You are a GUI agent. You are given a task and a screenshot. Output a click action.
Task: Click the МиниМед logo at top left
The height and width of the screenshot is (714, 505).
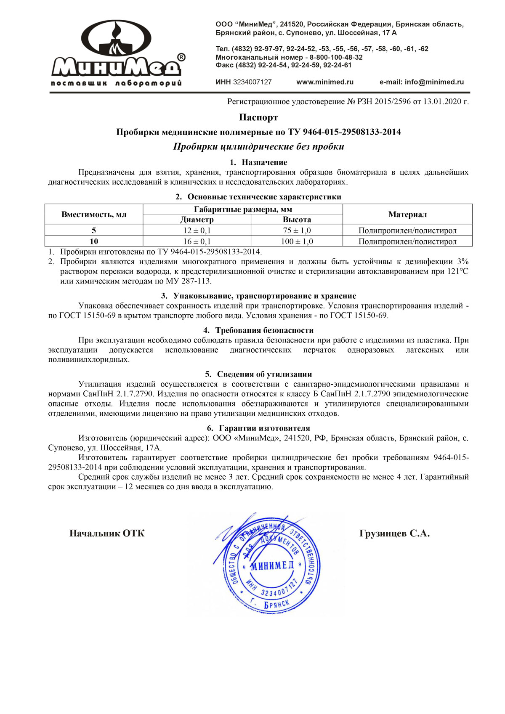pyautogui.click(x=117, y=53)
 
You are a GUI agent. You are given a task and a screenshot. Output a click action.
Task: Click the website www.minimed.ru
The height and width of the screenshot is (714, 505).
pyautogui.click(x=325, y=82)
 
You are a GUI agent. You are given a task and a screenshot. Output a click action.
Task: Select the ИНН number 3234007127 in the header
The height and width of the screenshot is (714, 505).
pyautogui.click(x=252, y=82)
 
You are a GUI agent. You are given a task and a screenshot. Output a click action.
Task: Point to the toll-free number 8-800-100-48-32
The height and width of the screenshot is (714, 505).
pyautogui.click(x=336, y=57)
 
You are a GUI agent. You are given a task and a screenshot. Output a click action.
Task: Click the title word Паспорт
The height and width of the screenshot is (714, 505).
pyautogui.click(x=258, y=117)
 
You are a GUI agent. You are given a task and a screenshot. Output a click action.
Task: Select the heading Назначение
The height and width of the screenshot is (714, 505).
pyautogui.click(x=264, y=162)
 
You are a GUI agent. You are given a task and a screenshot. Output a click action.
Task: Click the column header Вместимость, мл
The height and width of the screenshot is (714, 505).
pyautogui.click(x=94, y=214)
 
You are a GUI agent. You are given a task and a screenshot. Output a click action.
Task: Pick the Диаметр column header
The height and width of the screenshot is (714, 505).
pyautogui.click(x=197, y=220)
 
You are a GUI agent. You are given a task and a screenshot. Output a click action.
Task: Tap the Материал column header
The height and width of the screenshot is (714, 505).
pyautogui.click(x=407, y=214)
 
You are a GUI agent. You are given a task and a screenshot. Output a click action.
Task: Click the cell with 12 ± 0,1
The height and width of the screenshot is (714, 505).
pyautogui.click(x=197, y=231)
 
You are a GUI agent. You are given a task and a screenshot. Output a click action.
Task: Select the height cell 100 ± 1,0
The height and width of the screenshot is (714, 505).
pyautogui.click(x=297, y=242)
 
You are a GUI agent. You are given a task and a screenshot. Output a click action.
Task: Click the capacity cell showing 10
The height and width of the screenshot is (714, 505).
pyautogui.click(x=94, y=242)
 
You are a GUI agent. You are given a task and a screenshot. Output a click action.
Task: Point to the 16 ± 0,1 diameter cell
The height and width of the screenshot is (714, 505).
pyautogui.click(x=197, y=242)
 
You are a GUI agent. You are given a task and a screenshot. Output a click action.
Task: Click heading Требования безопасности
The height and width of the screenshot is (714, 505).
pyautogui.click(x=264, y=331)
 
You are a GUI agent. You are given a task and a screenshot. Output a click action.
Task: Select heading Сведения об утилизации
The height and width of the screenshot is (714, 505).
pyautogui.click(x=264, y=374)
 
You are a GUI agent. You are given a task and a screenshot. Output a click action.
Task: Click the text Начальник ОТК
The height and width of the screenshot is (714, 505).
pyautogui.click(x=107, y=534)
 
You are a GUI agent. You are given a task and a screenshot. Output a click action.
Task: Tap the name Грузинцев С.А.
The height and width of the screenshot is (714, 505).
pyautogui.click(x=394, y=534)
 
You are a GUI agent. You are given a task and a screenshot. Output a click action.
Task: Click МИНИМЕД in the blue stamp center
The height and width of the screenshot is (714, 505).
pyautogui.click(x=272, y=566)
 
